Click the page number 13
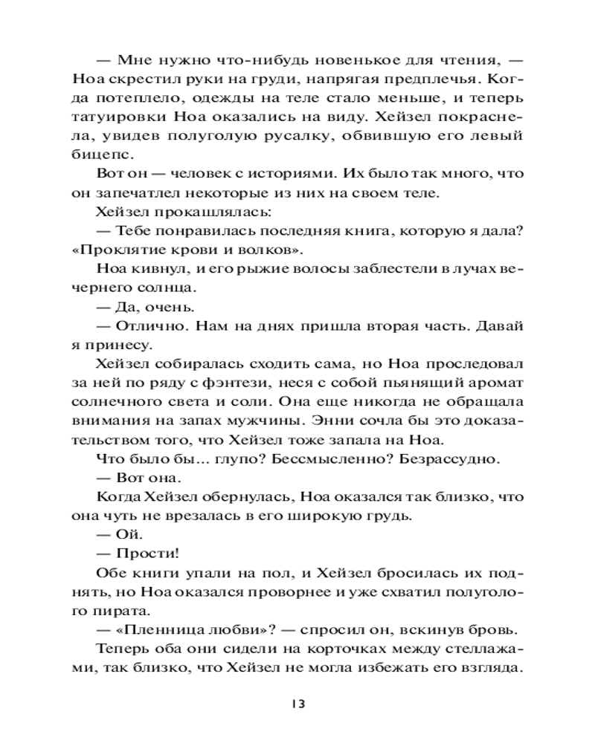click(x=297, y=704)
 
